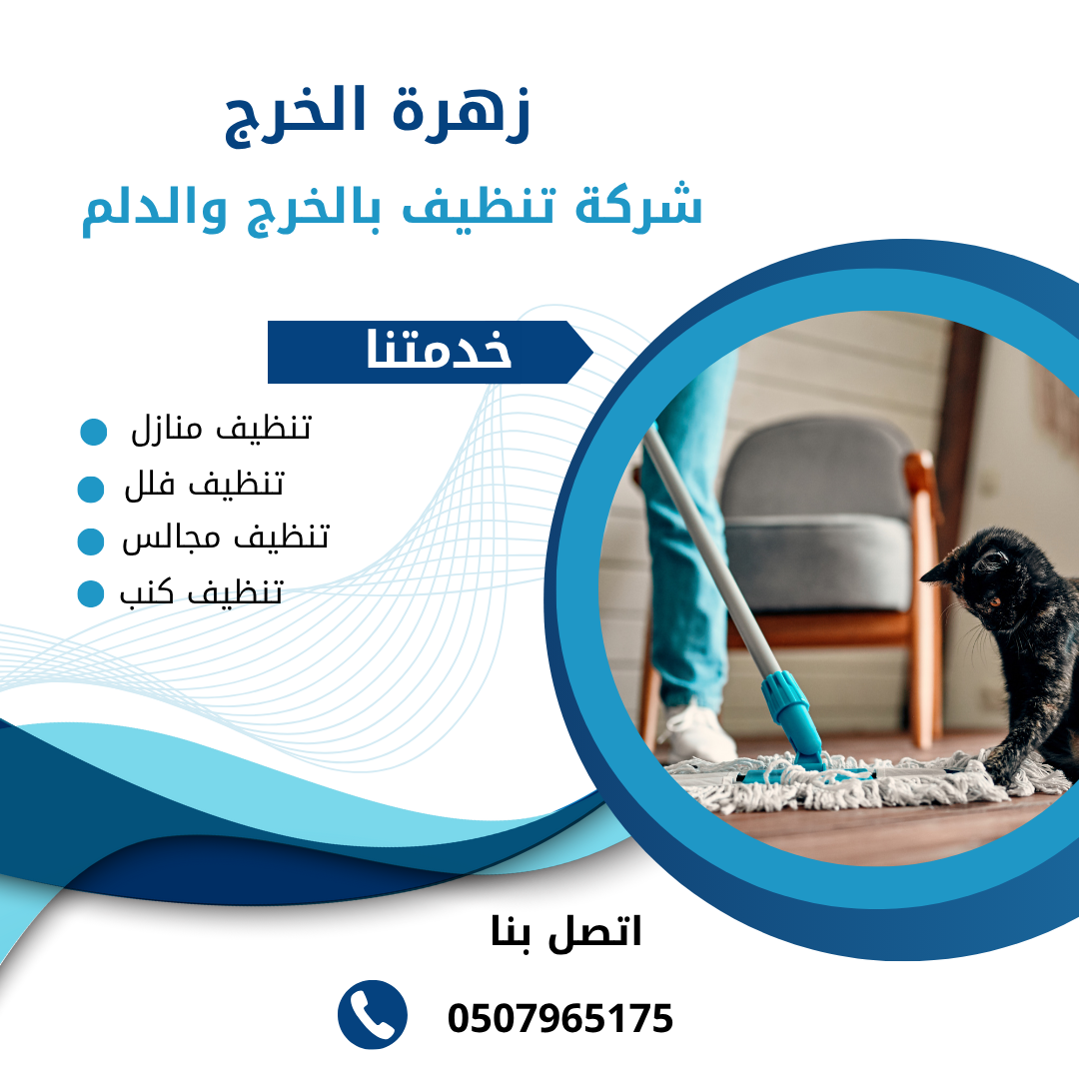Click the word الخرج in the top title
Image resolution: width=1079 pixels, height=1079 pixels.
click(x=295, y=116)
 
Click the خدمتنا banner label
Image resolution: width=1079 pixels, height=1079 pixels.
click(x=439, y=349)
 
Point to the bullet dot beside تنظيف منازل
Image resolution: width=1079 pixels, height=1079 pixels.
click(x=94, y=432)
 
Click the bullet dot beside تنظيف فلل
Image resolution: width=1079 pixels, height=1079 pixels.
click(x=91, y=490)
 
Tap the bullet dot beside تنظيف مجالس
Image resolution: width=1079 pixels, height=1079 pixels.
click(x=91, y=541)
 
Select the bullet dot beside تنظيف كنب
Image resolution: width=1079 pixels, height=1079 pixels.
click(x=91, y=593)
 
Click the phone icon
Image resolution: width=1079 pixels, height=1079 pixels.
click(x=373, y=1014)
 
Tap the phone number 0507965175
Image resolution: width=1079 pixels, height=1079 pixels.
click(x=560, y=1018)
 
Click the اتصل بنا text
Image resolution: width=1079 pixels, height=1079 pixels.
click(x=565, y=934)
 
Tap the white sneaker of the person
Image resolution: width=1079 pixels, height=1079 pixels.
click(x=696, y=733)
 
